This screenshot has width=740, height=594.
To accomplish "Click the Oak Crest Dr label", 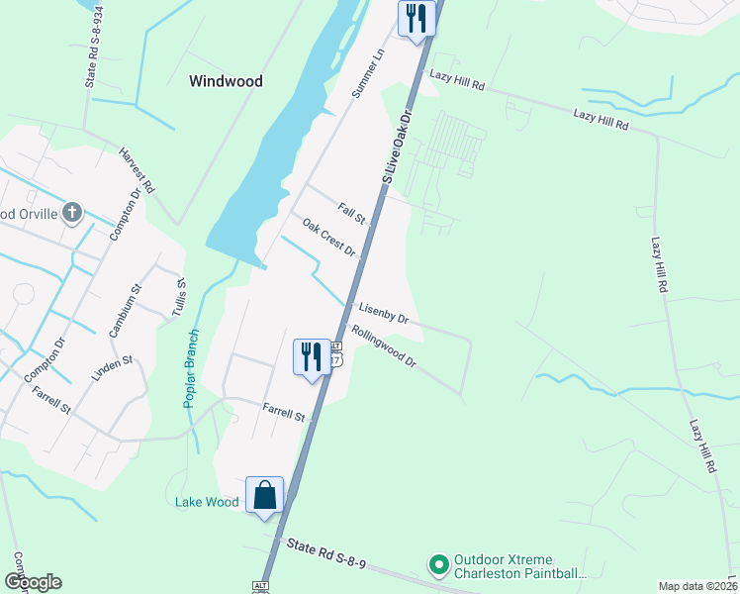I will point(329,238).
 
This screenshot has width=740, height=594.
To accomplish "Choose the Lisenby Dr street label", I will point(384,313).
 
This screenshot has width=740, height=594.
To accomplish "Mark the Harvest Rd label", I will point(138,170).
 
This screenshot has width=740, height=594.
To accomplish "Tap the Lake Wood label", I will point(207,502).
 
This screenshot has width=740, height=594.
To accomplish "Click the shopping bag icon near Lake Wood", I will point(265,495).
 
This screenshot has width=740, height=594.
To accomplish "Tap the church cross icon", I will point(71,212).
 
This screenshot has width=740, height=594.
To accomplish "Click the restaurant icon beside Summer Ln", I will point(416,18).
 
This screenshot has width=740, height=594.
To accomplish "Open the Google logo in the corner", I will point(33,582).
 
